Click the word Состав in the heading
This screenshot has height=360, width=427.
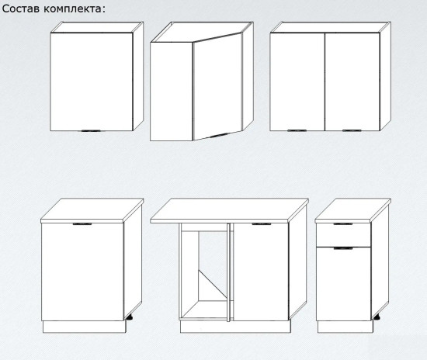21,9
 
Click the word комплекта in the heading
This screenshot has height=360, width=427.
72,9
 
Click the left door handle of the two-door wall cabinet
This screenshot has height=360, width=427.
297,130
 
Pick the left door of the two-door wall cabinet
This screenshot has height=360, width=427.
297,81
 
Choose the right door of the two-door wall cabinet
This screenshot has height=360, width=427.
352,81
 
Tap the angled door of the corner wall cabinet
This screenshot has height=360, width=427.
217,87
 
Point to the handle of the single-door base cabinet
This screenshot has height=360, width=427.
82,224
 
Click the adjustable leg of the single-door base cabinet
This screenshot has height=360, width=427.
129,317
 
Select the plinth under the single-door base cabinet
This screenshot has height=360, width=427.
84,327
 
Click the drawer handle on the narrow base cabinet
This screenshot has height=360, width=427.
343,224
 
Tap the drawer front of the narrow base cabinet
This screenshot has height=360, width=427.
343,235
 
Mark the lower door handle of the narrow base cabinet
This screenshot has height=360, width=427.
343,248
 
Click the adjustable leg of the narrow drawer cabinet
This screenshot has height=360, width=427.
377,317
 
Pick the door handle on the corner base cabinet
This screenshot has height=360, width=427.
262,224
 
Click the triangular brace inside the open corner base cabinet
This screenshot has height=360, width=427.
213,286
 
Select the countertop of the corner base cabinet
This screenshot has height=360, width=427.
229,210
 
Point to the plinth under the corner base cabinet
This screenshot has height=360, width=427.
235,327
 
